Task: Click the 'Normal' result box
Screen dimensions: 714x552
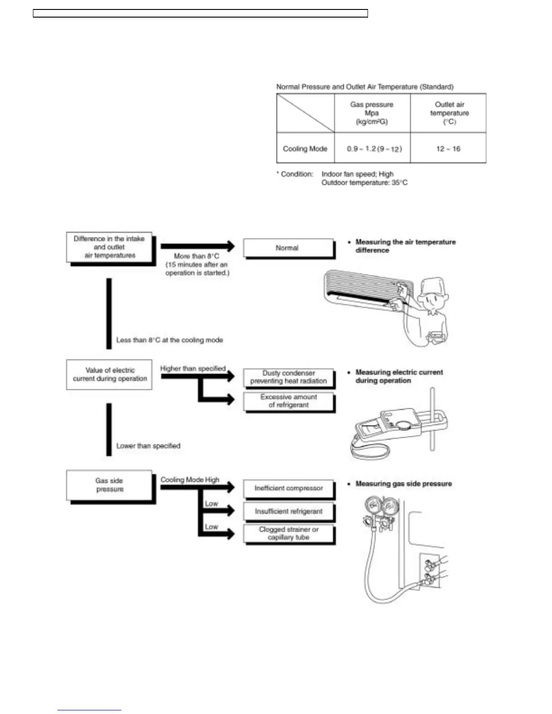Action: coord(288,248)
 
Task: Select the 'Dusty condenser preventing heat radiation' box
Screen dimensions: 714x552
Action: coord(289,377)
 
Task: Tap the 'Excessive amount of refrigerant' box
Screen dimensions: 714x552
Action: coord(289,401)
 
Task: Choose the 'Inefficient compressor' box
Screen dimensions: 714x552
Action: coord(289,488)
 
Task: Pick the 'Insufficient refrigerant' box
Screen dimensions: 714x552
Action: coord(289,512)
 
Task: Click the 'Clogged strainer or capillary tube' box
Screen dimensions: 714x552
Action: coord(289,533)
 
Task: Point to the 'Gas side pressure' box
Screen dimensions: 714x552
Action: coord(110,485)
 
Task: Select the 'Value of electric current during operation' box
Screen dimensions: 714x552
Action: coord(110,375)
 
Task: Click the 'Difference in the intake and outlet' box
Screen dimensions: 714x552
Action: coord(109,247)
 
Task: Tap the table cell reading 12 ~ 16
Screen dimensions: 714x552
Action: coord(448,149)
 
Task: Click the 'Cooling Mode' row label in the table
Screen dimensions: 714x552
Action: coord(305,149)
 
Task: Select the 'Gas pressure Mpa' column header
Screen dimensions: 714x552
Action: coord(372,113)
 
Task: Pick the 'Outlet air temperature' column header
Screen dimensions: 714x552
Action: coord(449,113)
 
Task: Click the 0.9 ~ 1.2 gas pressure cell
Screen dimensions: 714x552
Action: coord(374,149)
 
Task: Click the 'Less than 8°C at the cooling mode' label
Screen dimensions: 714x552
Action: coord(170,340)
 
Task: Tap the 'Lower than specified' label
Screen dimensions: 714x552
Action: coord(148,446)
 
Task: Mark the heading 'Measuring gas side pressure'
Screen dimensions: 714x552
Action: coord(404,484)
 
